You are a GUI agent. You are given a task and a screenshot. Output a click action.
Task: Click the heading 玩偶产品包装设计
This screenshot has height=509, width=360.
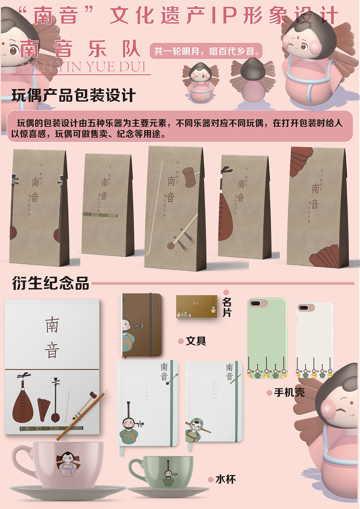74,95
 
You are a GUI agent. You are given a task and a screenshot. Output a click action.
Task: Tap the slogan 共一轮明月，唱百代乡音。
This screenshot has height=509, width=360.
206,51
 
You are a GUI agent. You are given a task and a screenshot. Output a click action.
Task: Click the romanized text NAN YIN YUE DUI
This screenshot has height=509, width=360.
83,67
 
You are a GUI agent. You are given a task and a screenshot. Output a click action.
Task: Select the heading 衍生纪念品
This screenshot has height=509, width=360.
51,283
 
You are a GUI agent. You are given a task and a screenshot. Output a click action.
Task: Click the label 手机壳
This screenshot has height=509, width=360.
289,392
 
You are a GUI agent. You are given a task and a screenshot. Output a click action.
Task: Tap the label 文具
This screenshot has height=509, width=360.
196,341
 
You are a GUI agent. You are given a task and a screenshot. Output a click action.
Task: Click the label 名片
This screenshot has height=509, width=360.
227,307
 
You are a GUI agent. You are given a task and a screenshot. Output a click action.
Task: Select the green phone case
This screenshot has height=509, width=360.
267,337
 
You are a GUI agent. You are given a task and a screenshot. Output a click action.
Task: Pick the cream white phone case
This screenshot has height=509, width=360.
314,340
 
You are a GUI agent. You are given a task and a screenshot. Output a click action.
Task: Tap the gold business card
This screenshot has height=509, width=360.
197,306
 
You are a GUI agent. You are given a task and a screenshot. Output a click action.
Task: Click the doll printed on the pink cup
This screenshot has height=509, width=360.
67,464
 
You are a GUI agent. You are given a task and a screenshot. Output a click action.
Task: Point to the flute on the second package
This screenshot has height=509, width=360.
100,215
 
